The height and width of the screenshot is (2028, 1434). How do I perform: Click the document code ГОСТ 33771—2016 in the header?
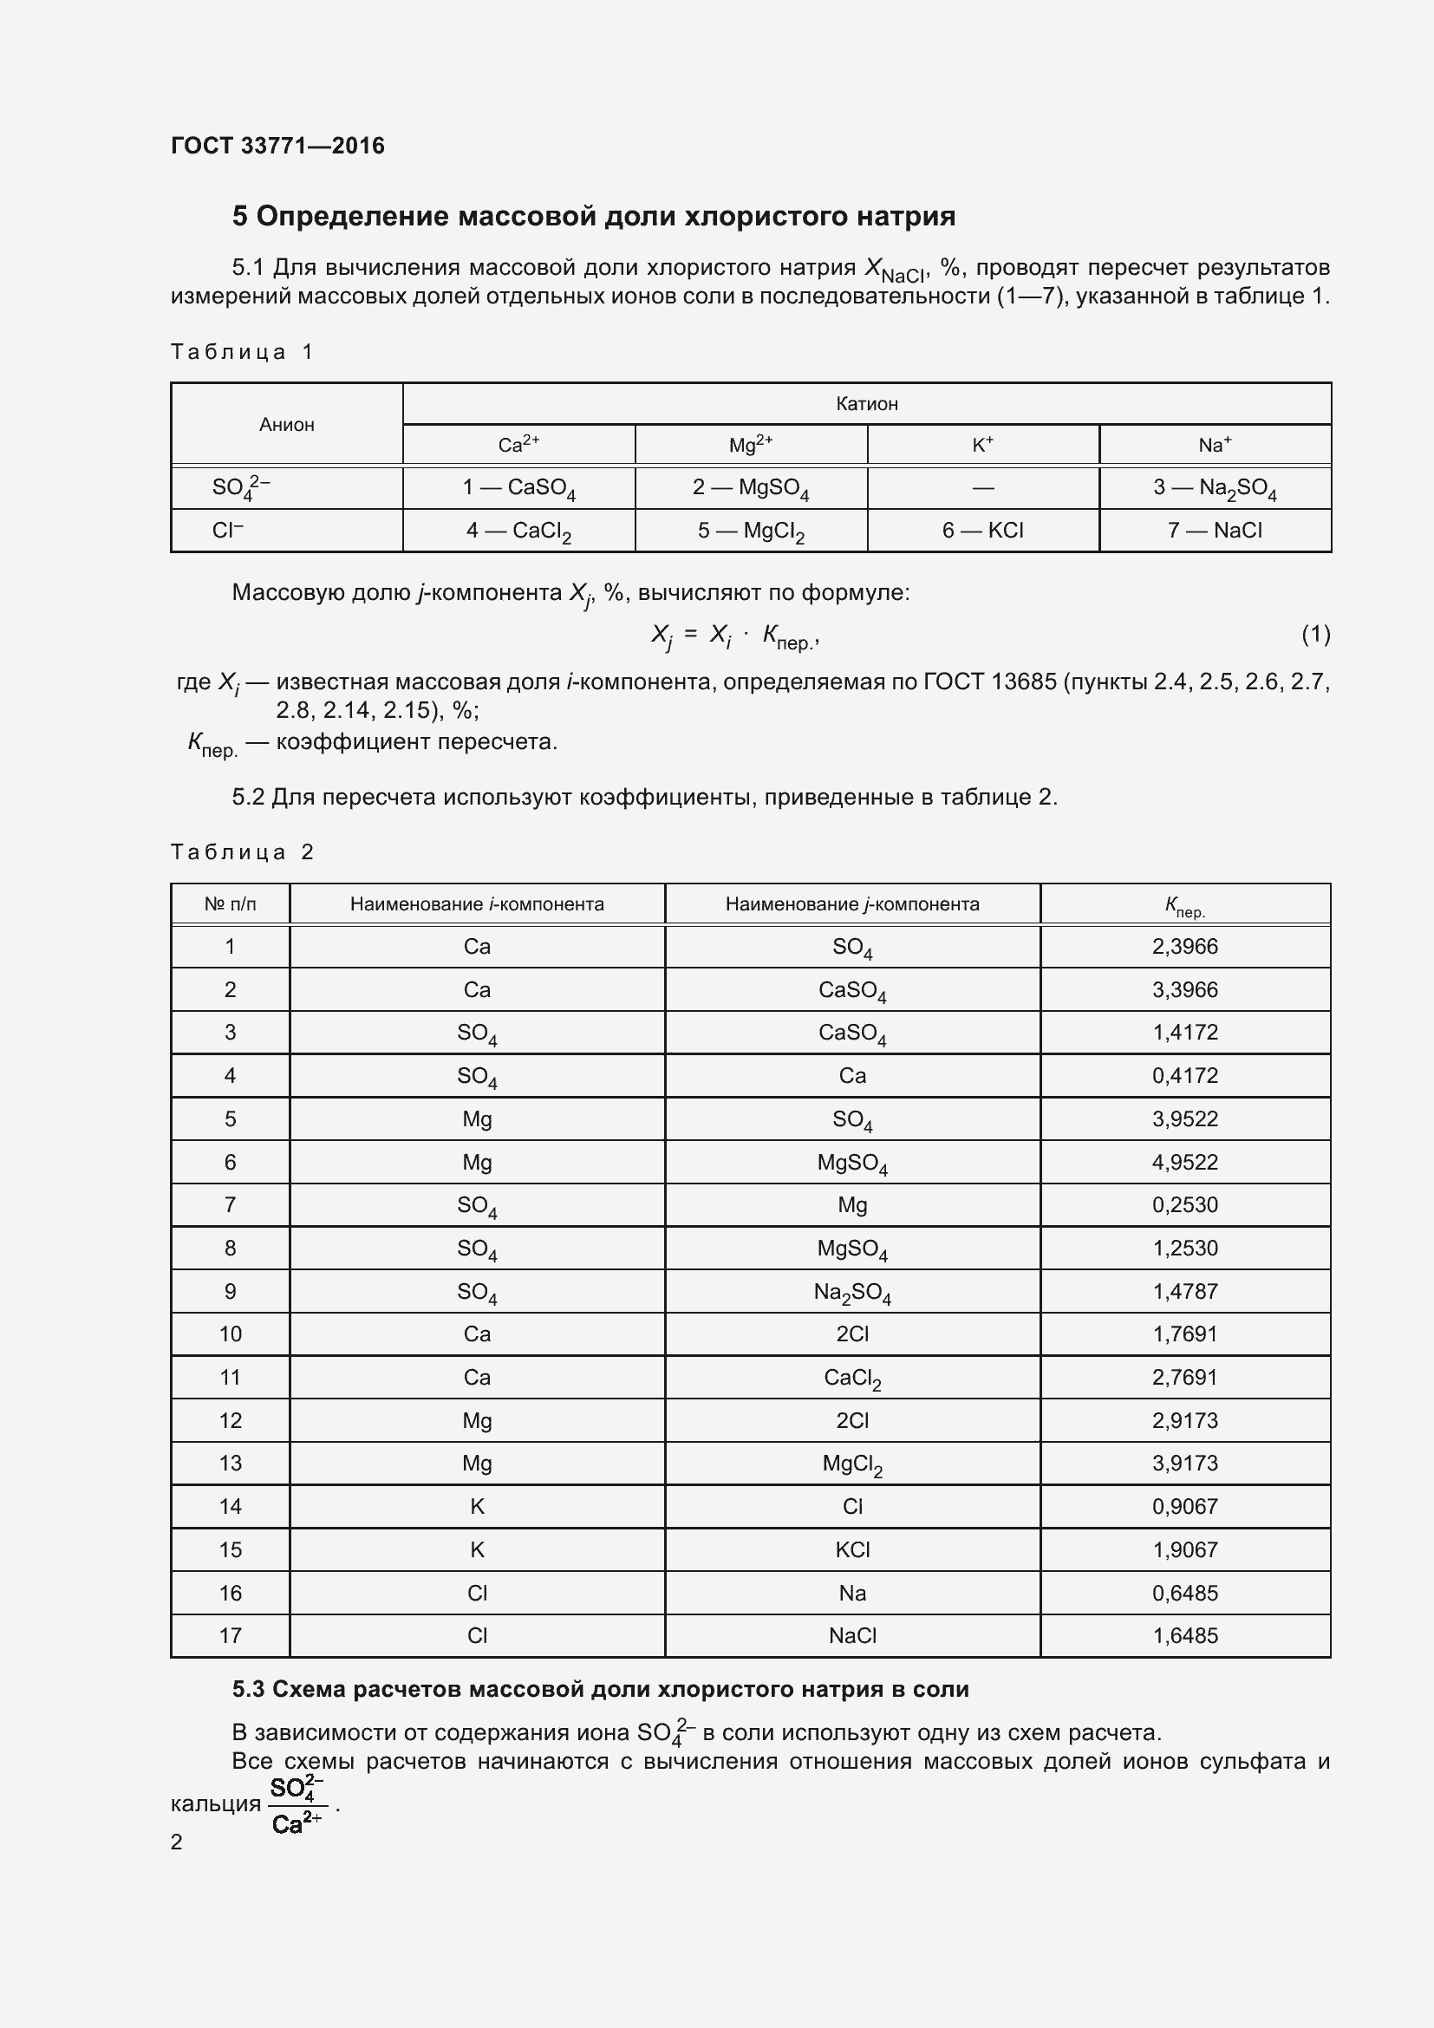coord(277,146)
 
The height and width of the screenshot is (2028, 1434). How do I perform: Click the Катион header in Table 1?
coord(866,405)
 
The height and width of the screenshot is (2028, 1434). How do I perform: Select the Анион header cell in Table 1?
coord(286,425)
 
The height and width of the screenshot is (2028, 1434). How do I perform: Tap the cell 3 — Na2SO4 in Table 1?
coord(1214,488)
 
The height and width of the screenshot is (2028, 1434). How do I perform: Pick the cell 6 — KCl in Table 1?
coord(982,531)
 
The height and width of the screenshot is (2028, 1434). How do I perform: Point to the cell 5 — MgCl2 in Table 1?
coord(751,531)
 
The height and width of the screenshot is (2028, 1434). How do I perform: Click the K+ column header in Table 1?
coord(982,445)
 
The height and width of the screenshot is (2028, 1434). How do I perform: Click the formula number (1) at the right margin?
coord(1315,634)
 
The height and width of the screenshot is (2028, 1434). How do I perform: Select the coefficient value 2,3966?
coord(1184,947)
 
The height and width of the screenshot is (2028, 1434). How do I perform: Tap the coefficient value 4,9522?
coord(1184,1163)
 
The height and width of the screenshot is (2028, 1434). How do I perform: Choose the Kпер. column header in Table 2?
coord(1184,905)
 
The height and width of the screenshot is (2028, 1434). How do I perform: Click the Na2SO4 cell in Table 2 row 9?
coord(852,1292)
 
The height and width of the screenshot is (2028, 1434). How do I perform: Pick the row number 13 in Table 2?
coord(230,1464)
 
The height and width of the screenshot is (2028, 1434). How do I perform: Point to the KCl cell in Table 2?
coord(852,1550)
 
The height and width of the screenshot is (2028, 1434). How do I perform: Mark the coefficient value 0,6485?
coord(1184,1594)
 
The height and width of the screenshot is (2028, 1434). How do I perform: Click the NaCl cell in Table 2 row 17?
coord(852,1636)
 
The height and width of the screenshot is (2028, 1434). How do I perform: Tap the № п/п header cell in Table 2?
coord(230,904)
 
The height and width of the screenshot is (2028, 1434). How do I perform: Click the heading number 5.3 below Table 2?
coord(248,1690)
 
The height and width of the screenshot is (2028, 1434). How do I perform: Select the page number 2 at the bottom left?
coord(177,1842)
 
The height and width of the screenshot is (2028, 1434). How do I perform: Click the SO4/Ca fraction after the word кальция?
coord(297,1805)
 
